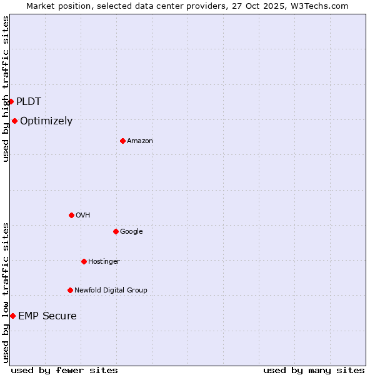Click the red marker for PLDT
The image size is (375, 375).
point(11,101)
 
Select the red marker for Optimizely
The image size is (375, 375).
point(14,121)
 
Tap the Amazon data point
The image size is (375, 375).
point(122,141)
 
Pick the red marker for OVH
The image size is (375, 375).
point(71,215)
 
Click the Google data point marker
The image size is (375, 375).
point(116,231)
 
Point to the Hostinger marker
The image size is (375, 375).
point(84,261)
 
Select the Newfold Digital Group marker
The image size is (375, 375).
point(70,290)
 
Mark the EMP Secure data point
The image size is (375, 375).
point(12,316)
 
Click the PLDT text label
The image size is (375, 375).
point(29,101)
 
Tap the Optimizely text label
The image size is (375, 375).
point(46,121)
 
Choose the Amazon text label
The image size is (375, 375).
point(140,141)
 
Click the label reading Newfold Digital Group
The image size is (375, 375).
point(111,290)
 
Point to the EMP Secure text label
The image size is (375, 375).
point(47,316)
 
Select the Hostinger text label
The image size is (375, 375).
point(104,261)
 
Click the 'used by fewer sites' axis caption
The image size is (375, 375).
point(64,370)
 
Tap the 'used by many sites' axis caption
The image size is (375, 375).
point(314,370)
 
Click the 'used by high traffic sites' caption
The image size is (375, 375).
point(6,89)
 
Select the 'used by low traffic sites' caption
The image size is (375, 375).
point(6,292)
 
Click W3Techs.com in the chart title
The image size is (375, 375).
point(319,6)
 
